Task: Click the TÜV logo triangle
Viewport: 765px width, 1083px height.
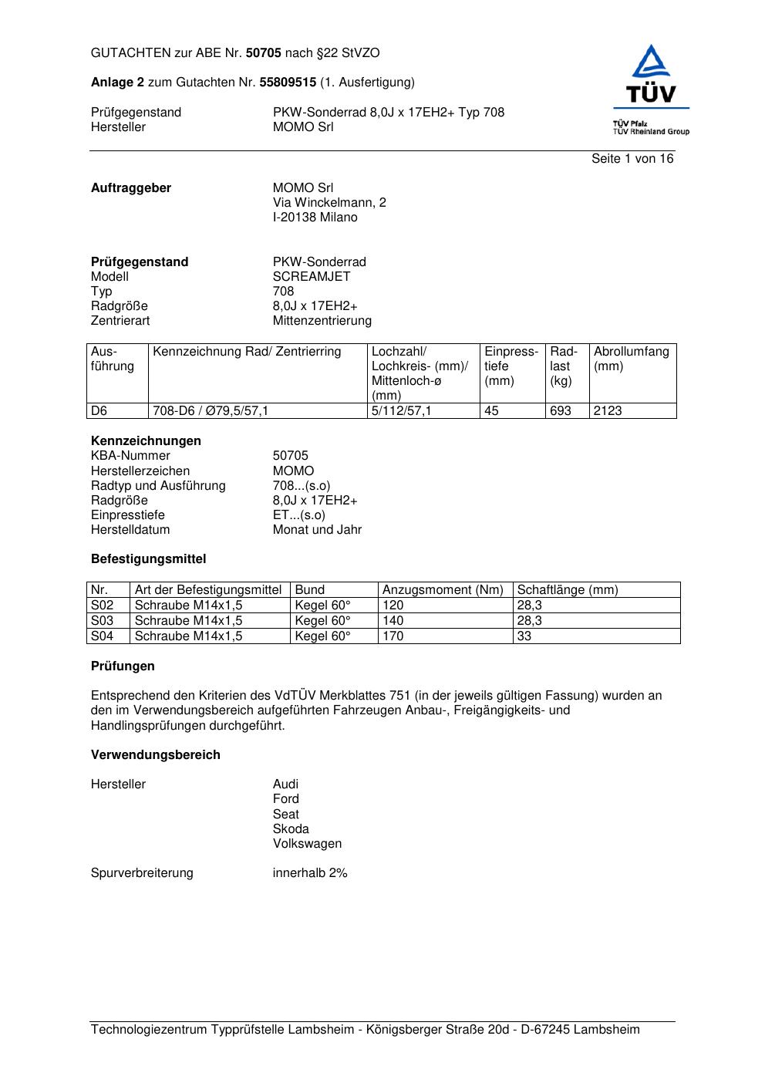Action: coord(652,63)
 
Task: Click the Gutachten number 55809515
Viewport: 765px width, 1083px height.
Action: coord(288,83)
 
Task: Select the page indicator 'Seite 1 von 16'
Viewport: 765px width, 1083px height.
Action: coord(632,159)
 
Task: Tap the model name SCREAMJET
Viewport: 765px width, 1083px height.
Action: coord(311,277)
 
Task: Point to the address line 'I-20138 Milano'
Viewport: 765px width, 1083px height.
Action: coord(315,218)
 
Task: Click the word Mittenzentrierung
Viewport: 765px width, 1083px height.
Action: coord(322,321)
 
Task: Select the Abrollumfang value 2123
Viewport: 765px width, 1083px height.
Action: coord(608,411)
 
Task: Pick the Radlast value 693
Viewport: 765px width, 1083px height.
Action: coord(560,411)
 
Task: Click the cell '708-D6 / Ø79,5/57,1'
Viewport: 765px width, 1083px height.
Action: coord(211,411)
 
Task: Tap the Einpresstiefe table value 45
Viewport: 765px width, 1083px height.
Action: coord(491,411)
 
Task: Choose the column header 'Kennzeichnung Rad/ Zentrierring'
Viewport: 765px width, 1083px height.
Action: coord(247,353)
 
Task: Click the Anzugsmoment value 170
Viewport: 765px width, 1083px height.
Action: coord(393,636)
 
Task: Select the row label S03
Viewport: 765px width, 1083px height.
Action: coord(102,621)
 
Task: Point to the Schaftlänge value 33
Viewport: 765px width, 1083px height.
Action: coord(524,636)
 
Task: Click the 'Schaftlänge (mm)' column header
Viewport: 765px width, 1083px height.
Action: coord(568,590)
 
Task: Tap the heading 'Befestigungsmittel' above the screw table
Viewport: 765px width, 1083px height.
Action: coord(148,559)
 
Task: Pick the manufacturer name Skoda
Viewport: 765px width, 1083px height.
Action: coord(291,829)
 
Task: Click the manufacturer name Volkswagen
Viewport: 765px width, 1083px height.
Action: coord(307,844)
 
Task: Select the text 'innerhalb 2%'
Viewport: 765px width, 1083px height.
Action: coord(310,873)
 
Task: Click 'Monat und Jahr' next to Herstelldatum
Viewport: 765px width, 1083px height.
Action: coord(317,530)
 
